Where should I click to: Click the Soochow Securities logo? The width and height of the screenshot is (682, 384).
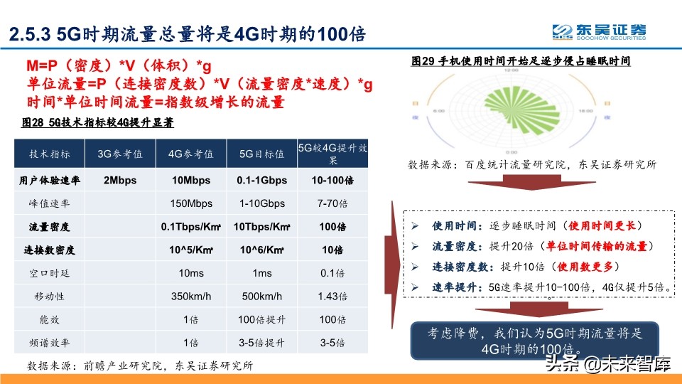coord(600,31)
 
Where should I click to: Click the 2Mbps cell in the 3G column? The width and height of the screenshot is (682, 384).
coord(120,180)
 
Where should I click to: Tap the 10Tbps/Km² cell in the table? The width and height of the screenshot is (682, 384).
coord(261,227)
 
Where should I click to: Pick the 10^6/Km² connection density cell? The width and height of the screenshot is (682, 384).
coord(261,250)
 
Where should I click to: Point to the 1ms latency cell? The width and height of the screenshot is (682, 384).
coord(261,274)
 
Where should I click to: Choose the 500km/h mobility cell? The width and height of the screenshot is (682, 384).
coord(261,297)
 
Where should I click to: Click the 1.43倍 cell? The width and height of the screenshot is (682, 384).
coord(332,297)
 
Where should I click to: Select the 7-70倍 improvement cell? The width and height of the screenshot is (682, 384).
coord(332,203)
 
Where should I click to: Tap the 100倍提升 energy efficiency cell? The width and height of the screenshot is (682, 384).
coord(261,320)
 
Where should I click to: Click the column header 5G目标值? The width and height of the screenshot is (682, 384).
coord(261,154)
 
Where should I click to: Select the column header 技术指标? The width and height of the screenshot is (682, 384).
coord(50,154)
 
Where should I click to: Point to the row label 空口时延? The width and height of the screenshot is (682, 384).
coord(50,274)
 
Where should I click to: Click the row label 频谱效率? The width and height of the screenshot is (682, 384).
coord(50,343)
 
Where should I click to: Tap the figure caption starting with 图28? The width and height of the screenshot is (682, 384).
coord(98,123)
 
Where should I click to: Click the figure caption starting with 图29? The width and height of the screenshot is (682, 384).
coord(521,62)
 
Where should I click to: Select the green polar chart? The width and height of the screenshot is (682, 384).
coord(510,111)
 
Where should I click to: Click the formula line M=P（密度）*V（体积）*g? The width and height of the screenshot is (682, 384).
coord(119,67)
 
